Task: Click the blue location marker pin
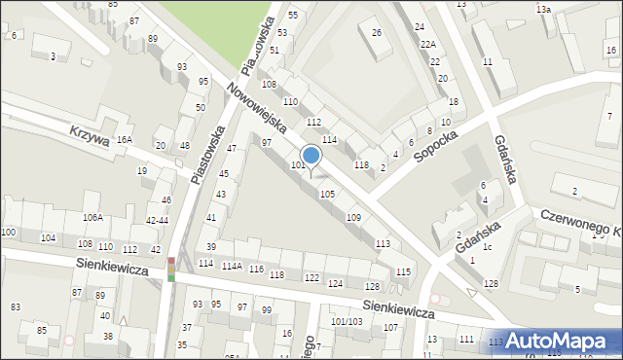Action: [311, 158]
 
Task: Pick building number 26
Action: [377, 34]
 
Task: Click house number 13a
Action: [543, 9]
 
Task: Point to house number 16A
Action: [124, 140]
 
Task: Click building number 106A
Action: [92, 218]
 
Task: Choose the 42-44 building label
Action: [157, 220]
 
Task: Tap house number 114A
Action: [232, 267]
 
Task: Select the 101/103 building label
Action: [346, 321]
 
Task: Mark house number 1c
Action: [487, 247]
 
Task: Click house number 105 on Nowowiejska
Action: [328, 195]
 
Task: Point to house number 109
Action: [354, 218]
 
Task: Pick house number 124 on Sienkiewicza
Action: [336, 283]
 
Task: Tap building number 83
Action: [15, 307]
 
